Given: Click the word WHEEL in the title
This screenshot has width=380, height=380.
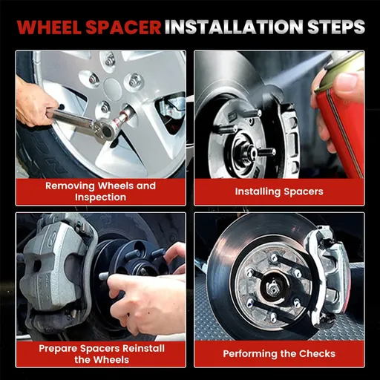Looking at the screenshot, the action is [49, 27].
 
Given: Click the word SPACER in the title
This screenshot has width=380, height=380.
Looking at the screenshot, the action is [123, 27].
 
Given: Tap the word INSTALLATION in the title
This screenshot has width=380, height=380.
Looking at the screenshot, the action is [234, 27].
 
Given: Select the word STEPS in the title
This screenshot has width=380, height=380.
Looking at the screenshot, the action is [336, 27].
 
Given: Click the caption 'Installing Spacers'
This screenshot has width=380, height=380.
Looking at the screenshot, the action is [279, 191].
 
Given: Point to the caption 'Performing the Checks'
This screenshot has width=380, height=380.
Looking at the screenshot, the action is [279, 353].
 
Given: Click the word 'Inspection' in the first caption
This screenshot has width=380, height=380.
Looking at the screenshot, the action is [100, 197].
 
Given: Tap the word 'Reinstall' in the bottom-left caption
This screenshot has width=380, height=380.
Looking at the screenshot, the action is [143, 348].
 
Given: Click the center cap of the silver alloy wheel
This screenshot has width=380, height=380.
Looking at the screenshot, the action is [114, 87].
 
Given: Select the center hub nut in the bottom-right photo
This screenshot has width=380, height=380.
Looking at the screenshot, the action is [273, 287].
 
